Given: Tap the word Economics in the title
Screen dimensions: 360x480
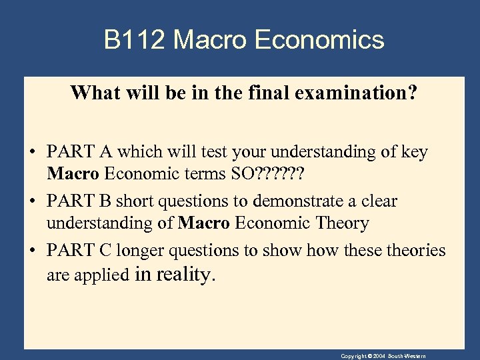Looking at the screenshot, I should [319, 40].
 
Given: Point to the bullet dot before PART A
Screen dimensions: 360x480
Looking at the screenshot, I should [33, 153].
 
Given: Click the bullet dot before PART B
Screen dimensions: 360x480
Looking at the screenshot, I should [33, 202].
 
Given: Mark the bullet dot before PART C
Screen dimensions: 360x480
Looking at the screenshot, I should [33, 251].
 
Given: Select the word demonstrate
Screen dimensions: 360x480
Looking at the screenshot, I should [300, 201].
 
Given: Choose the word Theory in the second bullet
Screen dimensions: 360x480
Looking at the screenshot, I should [339, 223].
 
